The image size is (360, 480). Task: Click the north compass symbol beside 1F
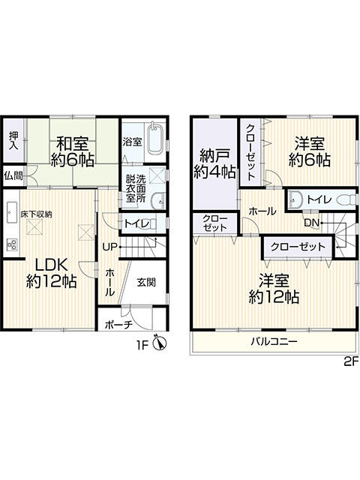(x=160, y=343)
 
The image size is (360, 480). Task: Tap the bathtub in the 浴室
(x=156, y=141)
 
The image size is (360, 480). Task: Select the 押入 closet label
(x=13, y=140)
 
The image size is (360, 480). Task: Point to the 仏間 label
(x=13, y=176)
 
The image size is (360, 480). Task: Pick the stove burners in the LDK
(x=12, y=244)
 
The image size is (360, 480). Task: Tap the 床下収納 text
(x=37, y=214)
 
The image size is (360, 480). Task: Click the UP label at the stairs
(x=110, y=247)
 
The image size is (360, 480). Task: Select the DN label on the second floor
(x=312, y=223)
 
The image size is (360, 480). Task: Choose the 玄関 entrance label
(x=146, y=282)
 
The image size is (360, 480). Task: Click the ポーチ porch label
(x=118, y=325)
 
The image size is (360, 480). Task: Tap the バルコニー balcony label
(x=274, y=341)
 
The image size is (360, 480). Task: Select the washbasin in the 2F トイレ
(x=295, y=199)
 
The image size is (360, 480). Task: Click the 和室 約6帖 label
(x=72, y=151)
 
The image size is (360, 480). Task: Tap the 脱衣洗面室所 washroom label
(x=136, y=188)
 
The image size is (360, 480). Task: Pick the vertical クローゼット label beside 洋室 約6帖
(x=250, y=151)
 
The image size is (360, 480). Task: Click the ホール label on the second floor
(x=262, y=211)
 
